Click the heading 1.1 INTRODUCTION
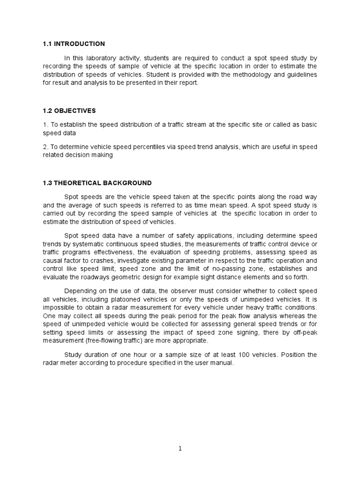(74, 44)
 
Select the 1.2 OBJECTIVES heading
(69, 111)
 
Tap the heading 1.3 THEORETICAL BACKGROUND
(97, 182)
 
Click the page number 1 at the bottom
(180, 448)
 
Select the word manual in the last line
(222, 363)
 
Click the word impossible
(59, 307)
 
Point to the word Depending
(81, 290)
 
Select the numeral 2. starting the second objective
(45, 147)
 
